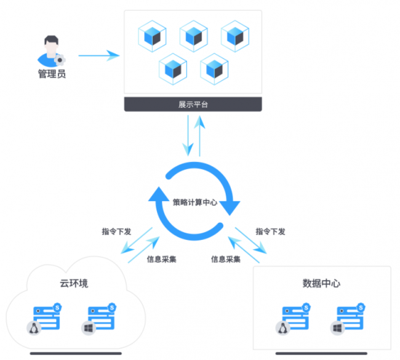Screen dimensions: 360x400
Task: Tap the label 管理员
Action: [52, 74]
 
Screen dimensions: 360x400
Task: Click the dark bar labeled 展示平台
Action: [193, 104]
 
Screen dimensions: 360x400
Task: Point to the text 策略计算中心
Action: [194, 201]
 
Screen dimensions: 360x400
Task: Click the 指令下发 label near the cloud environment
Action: [116, 232]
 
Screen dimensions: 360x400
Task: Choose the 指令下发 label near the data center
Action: [270, 232]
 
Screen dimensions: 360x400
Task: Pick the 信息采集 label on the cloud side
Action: [162, 259]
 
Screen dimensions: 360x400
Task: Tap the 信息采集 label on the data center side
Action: [226, 259]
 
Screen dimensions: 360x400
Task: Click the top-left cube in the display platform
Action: [151, 36]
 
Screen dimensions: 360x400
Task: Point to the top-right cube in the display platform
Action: [235, 36]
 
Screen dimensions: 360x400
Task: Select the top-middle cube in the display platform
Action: [193, 36]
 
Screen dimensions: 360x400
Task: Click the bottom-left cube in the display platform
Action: [173, 68]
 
